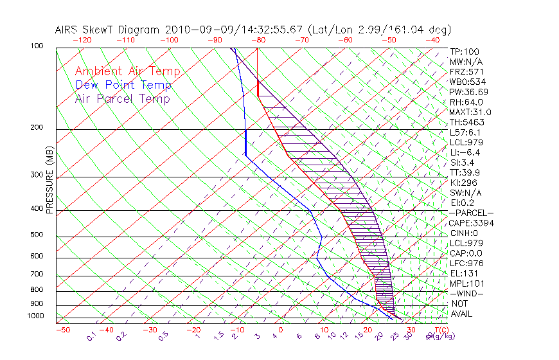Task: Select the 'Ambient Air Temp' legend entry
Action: [x=127, y=71]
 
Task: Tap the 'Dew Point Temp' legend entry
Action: [x=123, y=85]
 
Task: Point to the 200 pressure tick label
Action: [x=37, y=127]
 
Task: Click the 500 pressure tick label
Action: [x=37, y=235]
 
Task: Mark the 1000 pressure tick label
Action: [x=35, y=316]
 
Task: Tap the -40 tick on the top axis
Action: [x=432, y=40]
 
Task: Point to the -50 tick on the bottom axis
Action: [x=62, y=330]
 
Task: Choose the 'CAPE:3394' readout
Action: [x=472, y=223]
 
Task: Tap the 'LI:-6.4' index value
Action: [x=465, y=152]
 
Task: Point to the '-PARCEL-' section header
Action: [x=471, y=213]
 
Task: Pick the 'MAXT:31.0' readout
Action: [x=469, y=112]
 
